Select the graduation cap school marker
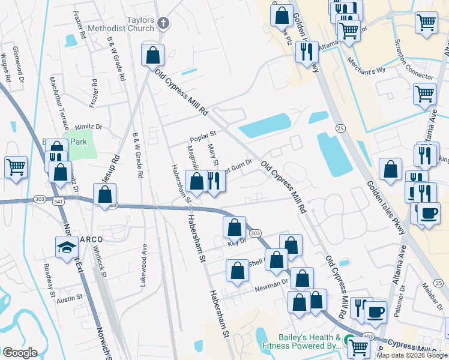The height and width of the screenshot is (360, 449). click(67, 247)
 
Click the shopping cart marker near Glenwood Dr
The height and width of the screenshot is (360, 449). click(16, 167)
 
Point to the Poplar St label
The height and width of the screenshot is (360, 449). click(202, 136)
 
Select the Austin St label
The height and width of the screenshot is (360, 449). click(70, 298)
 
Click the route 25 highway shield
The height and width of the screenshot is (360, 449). click(340, 128)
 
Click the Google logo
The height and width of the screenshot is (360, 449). click(20, 353)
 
